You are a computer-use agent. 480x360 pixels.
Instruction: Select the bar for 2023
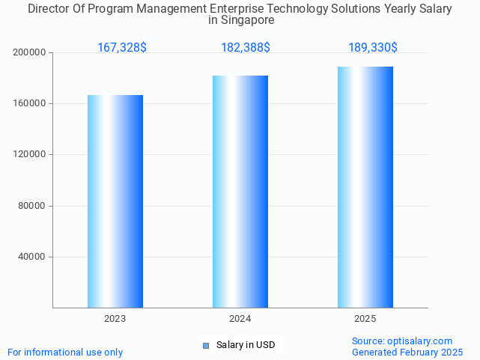(115, 201)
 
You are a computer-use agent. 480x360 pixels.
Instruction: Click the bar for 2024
(240, 192)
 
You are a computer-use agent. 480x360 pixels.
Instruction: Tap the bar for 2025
(365, 187)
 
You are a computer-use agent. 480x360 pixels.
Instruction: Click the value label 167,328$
(122, 48)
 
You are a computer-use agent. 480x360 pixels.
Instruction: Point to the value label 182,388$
(246, 48)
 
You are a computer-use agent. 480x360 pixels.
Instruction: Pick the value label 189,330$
(373, 48)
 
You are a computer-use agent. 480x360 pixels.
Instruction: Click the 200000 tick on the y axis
(31, 52)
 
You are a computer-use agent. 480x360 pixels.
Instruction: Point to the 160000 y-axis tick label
(31, 103)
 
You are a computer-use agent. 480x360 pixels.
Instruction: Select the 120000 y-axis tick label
(31, 154)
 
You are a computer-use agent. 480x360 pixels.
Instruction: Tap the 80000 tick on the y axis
(33, 206)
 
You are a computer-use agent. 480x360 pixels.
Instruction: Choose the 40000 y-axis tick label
(33, 257)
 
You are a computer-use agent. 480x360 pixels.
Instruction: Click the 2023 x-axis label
(115, 319)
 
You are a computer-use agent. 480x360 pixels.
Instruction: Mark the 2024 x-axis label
(240, 319)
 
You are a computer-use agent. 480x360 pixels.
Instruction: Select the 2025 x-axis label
(365, 319)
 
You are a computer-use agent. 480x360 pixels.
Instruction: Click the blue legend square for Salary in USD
(206, 345)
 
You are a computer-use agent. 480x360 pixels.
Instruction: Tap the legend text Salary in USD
(246, 345)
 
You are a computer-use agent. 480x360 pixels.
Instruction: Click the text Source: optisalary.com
(402, 341)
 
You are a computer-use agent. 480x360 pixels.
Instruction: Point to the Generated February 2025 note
(407, 353)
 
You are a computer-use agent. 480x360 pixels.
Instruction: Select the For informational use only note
(65, 353)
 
